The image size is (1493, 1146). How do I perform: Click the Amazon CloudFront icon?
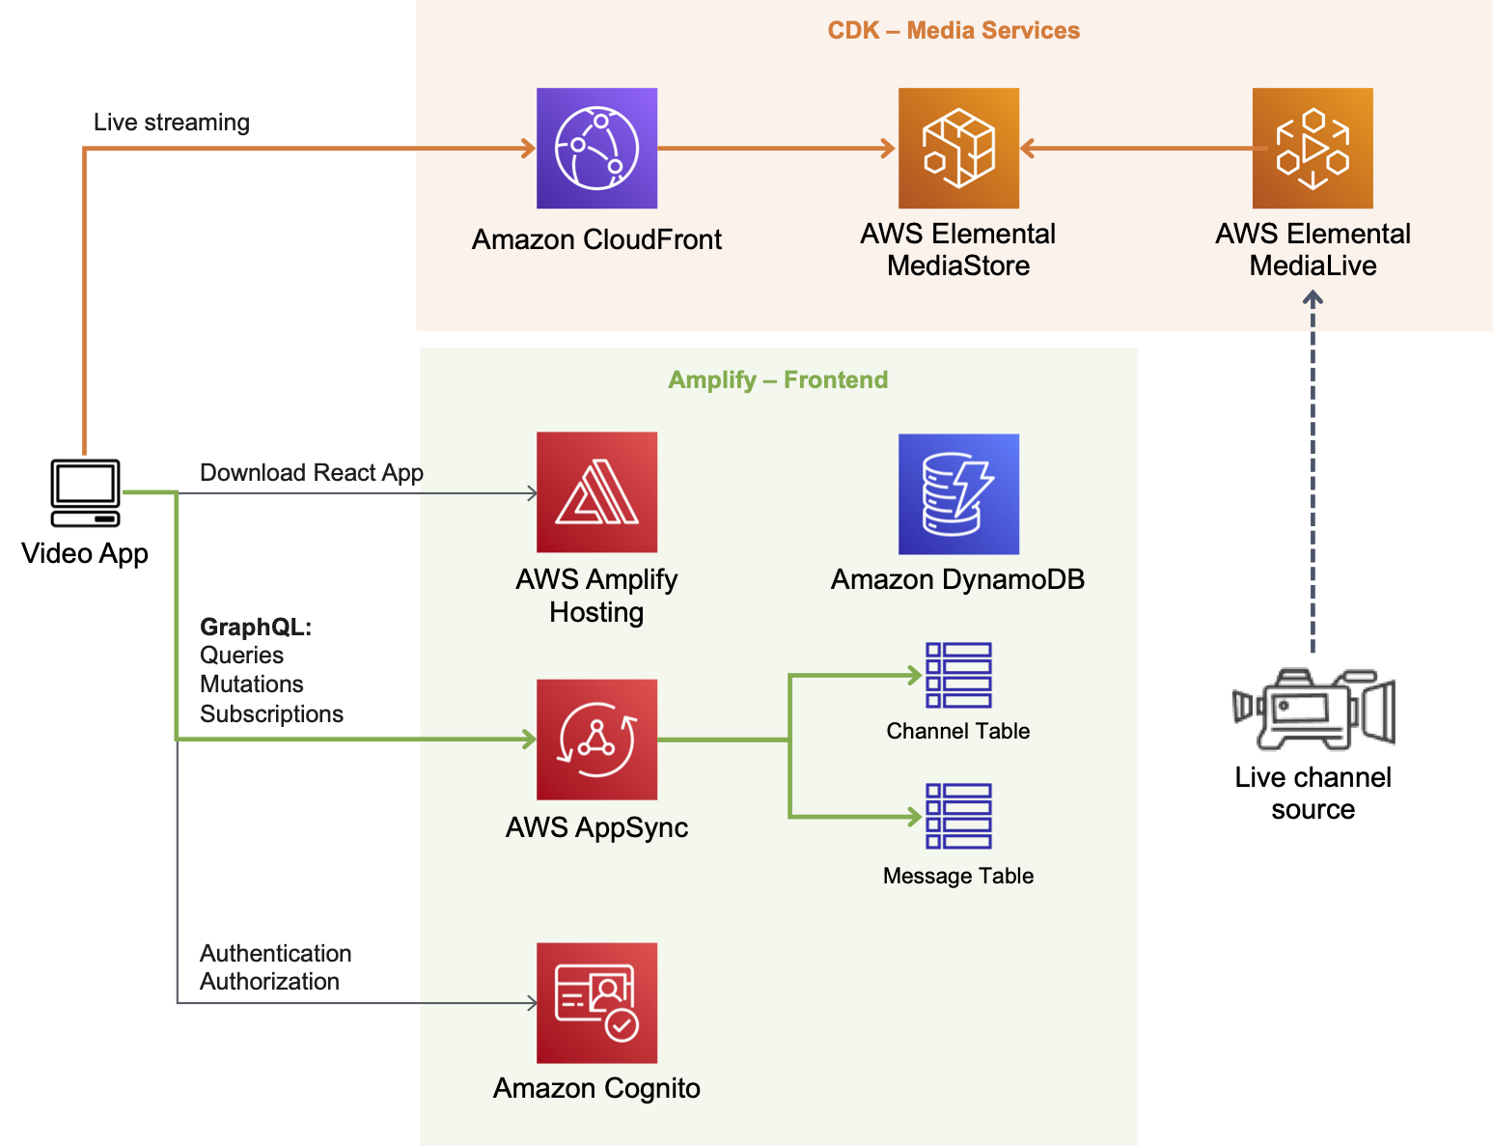click(596, 148)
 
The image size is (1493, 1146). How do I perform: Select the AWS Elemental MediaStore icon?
click(958, 148)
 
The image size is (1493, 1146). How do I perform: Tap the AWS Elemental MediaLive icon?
click(1313, 148)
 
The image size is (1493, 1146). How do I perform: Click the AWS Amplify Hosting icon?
click(596, 492)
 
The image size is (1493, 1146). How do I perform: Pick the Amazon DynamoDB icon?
click(958, 494)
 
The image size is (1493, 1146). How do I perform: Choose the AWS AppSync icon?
click(596, 740)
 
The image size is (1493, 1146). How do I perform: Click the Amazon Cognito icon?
click(596, 1002)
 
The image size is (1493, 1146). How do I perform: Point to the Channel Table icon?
click(958, 676)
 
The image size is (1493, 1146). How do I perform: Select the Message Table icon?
click(958, 816)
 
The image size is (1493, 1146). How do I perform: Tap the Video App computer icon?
click(85, 492)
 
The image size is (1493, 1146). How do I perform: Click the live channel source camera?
click(1313, 709)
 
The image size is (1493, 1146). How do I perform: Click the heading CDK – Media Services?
click(954, 30)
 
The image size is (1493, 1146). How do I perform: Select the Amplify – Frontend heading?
click(778, 379)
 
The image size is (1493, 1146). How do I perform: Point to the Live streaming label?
click(172, 123)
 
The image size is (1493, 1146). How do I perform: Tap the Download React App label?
click(311, 473)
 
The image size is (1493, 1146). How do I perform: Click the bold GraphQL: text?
click(256, 627)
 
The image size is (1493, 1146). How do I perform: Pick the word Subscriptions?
click(271, 713)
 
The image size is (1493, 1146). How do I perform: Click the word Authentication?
click(275, 953)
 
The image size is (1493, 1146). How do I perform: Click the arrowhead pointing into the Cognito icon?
click(532, 1003)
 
